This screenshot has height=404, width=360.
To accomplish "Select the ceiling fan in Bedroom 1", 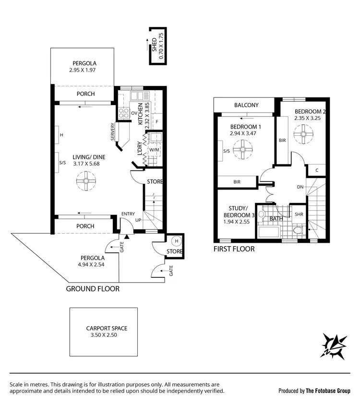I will tap(243, 152).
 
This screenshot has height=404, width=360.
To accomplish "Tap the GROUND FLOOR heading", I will tap(93, 289).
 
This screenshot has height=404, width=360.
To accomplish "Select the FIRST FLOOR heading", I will tap(234, 249).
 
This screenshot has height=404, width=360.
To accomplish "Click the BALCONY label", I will tap(247, 105).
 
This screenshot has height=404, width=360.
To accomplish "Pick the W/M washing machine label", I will tap(154, 150).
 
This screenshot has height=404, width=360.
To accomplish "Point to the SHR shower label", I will tap(298, 214).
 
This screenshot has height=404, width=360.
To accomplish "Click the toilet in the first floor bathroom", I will tap(298, 231).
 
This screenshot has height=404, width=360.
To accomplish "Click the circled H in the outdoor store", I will tap(176, 241).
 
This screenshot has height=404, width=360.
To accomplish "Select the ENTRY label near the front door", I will tap(128, 214).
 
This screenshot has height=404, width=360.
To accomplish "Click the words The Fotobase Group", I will tap(328, 391).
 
